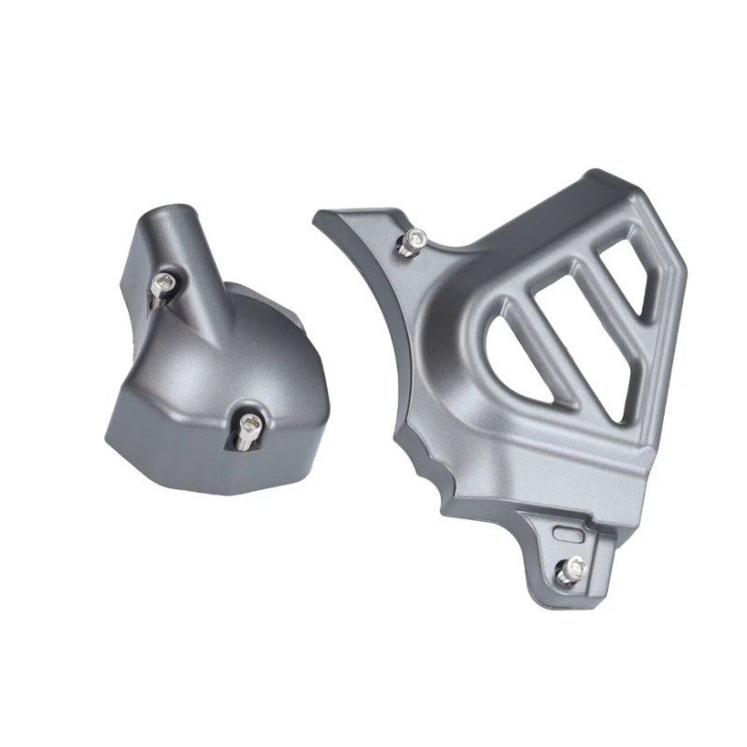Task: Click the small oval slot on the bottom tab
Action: coord(567,532)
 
